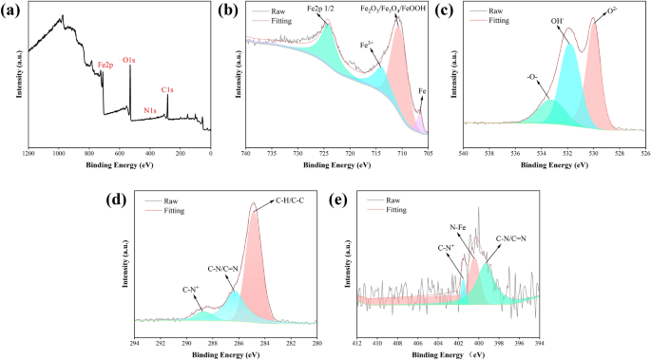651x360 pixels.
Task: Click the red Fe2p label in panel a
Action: (x=105, y=66)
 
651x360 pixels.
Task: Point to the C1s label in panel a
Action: (x=167, y=90)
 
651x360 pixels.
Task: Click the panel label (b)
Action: (x=227, y=10)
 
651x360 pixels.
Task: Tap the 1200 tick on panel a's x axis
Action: (x=29, y=152)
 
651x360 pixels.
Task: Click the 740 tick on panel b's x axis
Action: (x=246, y=152)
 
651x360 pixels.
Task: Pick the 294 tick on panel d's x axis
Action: (x=135, y=343)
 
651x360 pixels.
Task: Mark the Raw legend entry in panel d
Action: (x=171, y=201)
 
